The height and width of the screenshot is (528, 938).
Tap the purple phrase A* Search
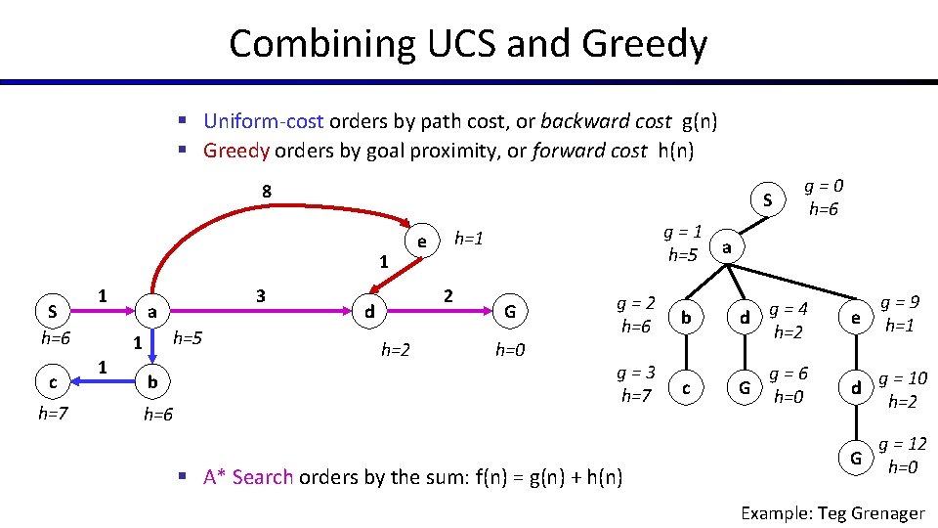click(x=248, y=477)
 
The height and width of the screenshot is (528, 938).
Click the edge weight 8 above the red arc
click(x=266, y=191)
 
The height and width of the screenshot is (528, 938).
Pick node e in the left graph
click(x=420, y=240)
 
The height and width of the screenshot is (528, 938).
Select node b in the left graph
click(x=150, y=380)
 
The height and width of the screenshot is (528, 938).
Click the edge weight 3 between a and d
click(x=259, y=295)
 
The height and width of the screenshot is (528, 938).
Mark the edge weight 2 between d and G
click(x=448, y=295)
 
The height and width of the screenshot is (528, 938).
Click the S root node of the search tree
click(x=768, y=201)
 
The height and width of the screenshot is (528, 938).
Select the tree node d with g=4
click(x=745, y=319)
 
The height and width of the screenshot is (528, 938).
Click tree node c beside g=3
click(x=686, y=388)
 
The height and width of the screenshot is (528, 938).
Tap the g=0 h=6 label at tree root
click(x=823, y=198)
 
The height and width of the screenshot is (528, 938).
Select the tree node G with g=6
click(x=745, y=388)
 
